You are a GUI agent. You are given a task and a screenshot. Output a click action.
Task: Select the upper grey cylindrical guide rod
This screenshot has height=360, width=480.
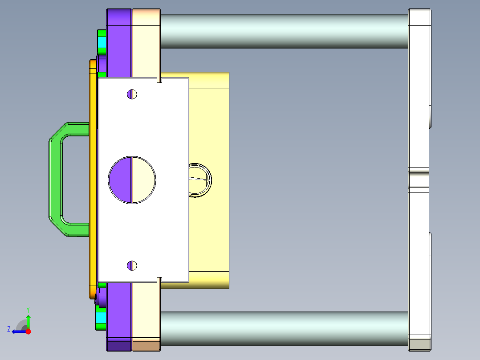pyautogui.click(x=284, y=31)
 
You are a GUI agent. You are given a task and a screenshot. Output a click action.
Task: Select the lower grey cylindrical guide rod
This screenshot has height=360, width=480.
pyautogui.click(x=284, y=328)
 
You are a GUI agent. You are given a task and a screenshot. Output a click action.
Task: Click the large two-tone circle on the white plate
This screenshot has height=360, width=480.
pyautogui.click(x=132, y=180)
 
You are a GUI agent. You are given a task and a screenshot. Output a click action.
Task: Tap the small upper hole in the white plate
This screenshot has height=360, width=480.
pyautogui.click(x=132, y=94)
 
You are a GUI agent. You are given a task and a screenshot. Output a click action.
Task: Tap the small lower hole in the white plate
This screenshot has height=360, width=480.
pyautogui.click(x=132, y=266)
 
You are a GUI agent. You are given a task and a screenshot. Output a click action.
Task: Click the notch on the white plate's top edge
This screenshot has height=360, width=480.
pyautogui.click(x=159, y=80)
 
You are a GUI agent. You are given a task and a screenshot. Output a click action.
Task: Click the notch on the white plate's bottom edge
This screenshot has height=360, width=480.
pyautogui.click(x=159, y=279)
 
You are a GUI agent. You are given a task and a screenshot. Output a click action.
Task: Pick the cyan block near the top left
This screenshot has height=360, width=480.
pyautogui.click(x=102, y=43)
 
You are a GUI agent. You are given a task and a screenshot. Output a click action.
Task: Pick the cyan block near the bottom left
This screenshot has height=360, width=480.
pyautogui.click(x=102, y=317)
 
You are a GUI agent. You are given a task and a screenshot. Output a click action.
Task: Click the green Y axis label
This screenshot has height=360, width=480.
pyautogui.click(x=28, y=309)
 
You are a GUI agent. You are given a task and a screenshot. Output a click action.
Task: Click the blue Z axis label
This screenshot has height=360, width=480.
pyautogui.click(x=8, y=329)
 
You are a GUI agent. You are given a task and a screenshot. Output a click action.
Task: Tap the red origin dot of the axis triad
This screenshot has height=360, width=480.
pyautogui.click(x=28, y=331)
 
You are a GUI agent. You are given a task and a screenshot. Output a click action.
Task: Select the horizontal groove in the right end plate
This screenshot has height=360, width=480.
pyautogui.click(x=419, y=180)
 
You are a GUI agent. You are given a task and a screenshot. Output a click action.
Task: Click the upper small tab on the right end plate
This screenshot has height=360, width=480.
pyautogui.click(x=430, y=117)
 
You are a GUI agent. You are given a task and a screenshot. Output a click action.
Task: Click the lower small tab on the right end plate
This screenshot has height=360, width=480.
pyautogui.click(x=430, y=243)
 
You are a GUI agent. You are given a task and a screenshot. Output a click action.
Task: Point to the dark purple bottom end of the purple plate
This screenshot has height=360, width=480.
pyautogui.click(x=119, y=345)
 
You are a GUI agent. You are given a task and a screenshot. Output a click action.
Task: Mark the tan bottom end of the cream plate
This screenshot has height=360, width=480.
pyautogui.click(x=146, y=345)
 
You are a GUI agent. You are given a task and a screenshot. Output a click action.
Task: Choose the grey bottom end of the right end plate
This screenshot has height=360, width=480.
pyautogui.click(x=419, y=344)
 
